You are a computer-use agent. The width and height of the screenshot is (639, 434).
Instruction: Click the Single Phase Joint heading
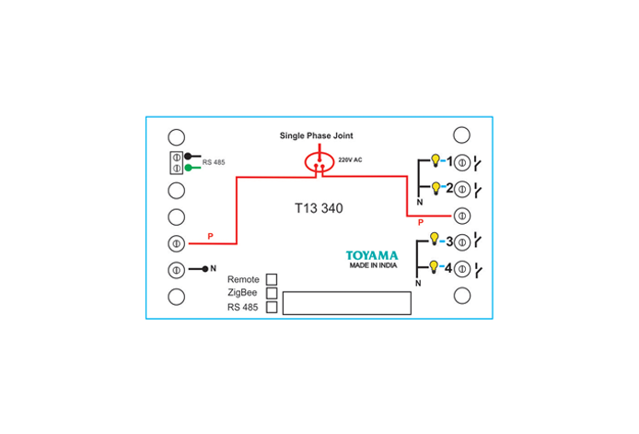[316, 135]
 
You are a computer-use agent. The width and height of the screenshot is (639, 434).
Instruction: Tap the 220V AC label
[350, 160]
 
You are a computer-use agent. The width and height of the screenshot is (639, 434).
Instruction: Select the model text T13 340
[319, 208]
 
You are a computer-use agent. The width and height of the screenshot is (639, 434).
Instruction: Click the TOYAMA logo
[372, 256]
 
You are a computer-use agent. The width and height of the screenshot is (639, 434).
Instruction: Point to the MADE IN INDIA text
[373, 265]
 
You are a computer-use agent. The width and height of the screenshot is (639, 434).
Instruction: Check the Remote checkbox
[272, 279]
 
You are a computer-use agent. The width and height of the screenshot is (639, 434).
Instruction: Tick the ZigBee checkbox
[272, 293]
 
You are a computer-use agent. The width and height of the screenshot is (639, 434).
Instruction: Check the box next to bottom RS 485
[272, 307]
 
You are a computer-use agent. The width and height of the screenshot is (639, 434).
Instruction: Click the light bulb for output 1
[436, 160]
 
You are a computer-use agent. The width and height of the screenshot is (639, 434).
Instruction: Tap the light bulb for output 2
[436, 188]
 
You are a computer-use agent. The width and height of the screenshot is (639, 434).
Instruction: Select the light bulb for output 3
[435, 239]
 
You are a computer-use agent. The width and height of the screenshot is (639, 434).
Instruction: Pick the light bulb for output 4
[434, 267]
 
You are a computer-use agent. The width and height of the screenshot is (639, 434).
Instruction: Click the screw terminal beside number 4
[462, 269]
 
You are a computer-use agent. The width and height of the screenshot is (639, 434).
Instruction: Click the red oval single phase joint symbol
[319, 162]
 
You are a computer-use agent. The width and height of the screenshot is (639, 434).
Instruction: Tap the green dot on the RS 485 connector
[188, 168]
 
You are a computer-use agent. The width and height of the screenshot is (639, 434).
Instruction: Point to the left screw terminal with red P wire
[177, 243]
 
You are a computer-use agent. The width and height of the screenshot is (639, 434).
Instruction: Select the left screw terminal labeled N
[177, 270]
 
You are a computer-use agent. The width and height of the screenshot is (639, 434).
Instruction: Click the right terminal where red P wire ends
[462, 216]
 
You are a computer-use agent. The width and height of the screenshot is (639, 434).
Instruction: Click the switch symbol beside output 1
[478, 163]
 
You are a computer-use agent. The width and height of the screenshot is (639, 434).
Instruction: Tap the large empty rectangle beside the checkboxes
[347, 303]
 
